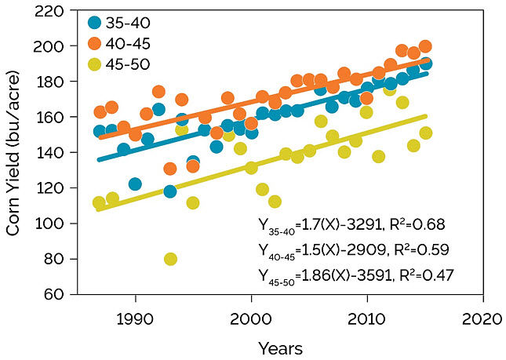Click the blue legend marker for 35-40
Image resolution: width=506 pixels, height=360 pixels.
click(95, 24)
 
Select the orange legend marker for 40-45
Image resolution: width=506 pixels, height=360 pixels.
click(95, 43)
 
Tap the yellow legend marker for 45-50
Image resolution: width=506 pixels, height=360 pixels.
click(95, 63)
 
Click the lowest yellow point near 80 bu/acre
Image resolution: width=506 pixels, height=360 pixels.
click(170, 259)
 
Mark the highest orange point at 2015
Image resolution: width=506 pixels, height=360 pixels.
click(425, 46)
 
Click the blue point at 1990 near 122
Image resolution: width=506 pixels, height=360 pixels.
click(136, 184)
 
